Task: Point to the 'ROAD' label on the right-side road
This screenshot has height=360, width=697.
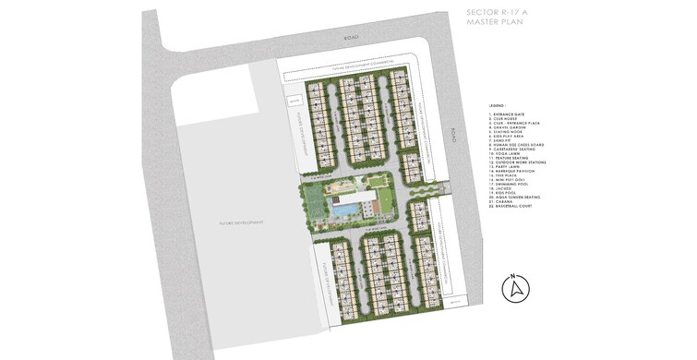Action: point(453,136)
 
